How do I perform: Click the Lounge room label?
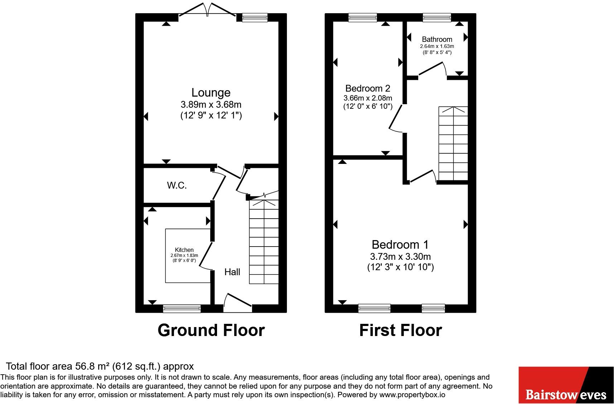point(211,93)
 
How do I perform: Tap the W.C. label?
point(177,185)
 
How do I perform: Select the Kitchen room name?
point(184,250)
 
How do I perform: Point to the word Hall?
point(232,272)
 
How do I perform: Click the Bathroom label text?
point(437,39)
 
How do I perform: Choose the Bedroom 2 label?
point(368,88)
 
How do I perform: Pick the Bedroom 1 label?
point(400,245)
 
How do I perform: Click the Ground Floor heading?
point(211,330)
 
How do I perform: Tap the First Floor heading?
point(400,330)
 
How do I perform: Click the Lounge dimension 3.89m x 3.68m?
point(211,105)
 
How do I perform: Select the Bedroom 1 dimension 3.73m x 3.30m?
point(400,257)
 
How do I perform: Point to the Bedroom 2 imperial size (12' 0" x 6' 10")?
point(368,106)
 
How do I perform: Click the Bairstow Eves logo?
point(566,385)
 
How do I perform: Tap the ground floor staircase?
point(264,242)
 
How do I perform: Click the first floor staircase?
point(453,144)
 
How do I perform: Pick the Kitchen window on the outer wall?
point(182,308)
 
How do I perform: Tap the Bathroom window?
point(437,17)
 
